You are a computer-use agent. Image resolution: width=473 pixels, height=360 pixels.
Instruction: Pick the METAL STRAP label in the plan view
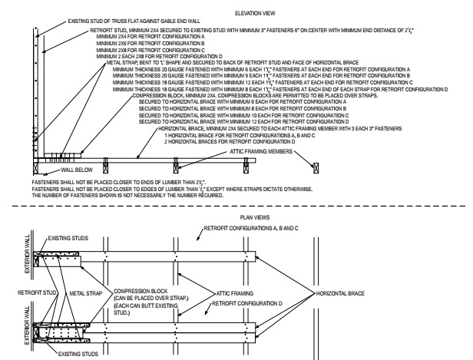click(84, 271)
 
